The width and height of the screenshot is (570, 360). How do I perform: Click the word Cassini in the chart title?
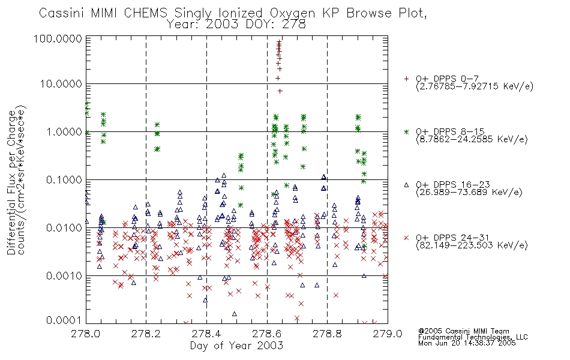[x=62, y=13]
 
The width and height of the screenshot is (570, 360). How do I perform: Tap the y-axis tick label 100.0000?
[x=58, y=38]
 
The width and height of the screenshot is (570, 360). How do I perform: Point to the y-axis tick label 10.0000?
[x=61, y=84]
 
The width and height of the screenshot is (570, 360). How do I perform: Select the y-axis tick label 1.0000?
[x=64, y=131]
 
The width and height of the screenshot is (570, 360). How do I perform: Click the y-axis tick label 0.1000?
[x=64, y=179]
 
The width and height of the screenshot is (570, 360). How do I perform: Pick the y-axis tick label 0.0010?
[x=64, y=275]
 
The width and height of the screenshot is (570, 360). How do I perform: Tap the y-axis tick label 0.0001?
[x=64, y=320]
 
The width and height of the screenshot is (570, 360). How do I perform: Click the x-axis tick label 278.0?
[x=86, y=334]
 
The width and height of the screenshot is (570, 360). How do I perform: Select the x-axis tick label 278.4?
[x=206, y=334]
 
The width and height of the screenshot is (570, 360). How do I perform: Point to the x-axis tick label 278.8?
[x=327, y=334]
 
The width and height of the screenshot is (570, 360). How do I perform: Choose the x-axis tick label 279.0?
[x=388, y=334]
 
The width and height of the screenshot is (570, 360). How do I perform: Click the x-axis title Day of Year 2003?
[x=236, y=346]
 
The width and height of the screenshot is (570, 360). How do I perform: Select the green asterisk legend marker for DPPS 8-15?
[x=406, y=132]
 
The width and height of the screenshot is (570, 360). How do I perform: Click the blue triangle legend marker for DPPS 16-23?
[x=406, y=185]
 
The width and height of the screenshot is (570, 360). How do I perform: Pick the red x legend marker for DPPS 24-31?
[x=406, y=238]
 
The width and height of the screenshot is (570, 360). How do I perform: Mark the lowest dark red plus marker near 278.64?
[x=280, y=91]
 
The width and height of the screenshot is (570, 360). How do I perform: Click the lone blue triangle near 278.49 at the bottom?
[x=235, y=314]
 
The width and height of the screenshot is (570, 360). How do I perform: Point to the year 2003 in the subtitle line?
[x=222, y=25]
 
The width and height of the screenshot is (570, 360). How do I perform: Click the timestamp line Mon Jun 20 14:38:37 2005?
[x=467, y=343]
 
